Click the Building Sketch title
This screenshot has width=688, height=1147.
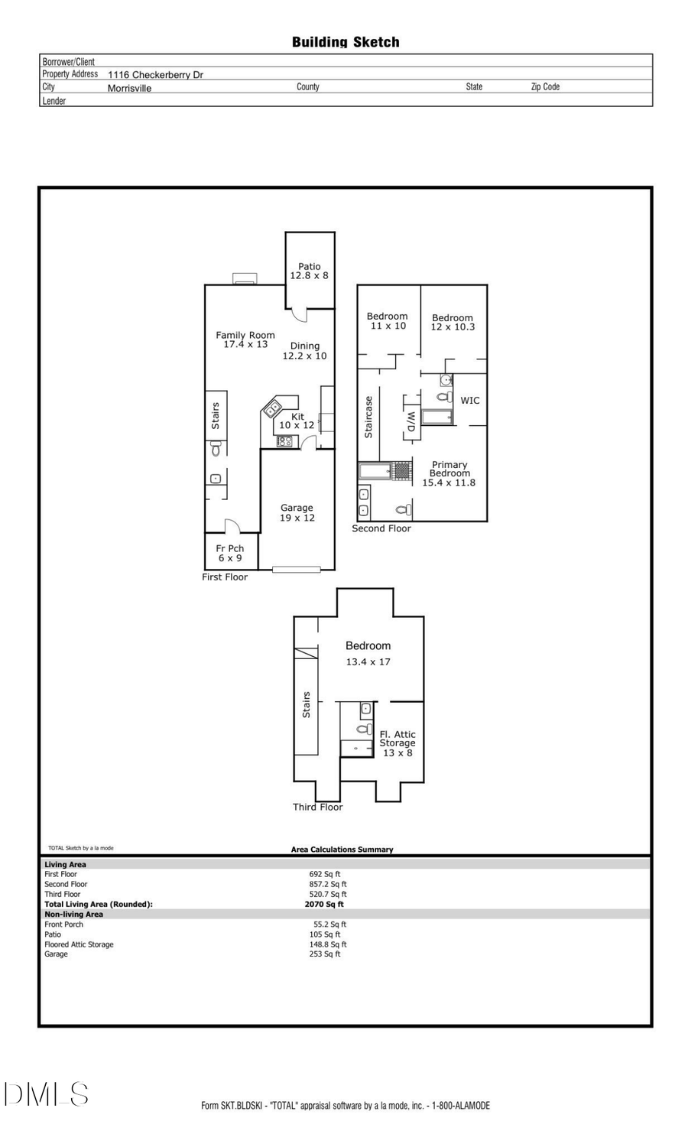tap(346, 42)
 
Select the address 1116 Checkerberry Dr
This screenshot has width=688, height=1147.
tap(155, 75)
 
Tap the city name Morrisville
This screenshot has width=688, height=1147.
tap(129, 88)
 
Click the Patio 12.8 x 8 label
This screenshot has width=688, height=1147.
tap(309, 271)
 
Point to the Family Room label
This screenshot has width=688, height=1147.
tap(245, 340)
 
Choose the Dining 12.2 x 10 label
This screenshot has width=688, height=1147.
tap(304, 351)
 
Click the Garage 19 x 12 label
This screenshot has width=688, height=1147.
tap(297, 512)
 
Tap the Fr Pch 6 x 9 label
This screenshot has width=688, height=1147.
tap(229, 553)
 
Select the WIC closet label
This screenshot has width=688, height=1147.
tap(470, 400)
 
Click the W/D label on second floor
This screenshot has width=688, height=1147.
tap(411, 421)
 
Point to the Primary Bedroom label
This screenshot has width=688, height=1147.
tap(449, 473)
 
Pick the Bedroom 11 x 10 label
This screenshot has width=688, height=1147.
tap(388, 320)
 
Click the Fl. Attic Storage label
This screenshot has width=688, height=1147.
tap(398, 742)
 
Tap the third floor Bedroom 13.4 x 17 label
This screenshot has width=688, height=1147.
tap(368, 654)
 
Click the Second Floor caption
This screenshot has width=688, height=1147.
tap(381, 528)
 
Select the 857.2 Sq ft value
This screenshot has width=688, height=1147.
tap(327, 884)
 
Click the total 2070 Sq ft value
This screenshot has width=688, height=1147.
tap(324, 904)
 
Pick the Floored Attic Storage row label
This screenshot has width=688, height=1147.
tap(79, 944)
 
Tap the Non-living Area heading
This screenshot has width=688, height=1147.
tap(73, 914)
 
